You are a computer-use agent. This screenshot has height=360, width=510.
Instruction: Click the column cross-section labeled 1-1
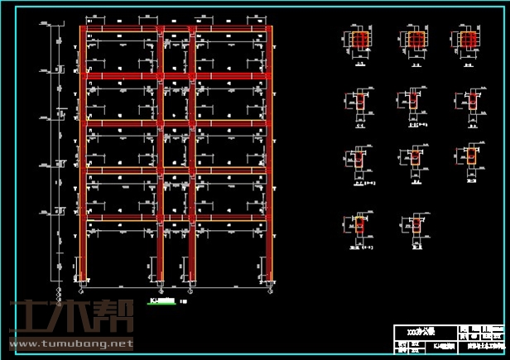359,41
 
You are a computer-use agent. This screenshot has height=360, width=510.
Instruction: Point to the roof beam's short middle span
176,30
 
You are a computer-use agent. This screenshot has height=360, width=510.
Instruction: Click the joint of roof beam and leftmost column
82,30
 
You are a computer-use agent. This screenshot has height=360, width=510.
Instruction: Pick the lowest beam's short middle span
176,218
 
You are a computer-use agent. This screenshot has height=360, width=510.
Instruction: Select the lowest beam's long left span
121,218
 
